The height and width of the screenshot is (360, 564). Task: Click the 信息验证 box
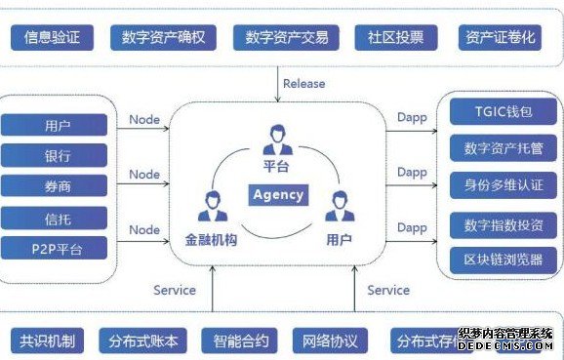pos(52,38)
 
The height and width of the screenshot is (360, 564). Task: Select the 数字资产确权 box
pos(163,38)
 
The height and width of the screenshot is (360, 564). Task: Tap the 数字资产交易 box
pos(287,38)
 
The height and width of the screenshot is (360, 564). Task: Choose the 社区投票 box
pos(396,38)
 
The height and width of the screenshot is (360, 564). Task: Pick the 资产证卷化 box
pos(500,38)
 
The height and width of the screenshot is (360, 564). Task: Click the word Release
pos(303,83)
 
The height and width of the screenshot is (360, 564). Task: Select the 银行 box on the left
pos(58,155)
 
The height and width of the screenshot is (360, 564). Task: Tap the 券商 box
pos(58,185)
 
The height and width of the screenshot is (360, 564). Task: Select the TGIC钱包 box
pos(504,112)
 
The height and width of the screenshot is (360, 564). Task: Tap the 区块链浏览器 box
pos(504,260)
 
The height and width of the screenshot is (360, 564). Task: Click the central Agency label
pos(278,194)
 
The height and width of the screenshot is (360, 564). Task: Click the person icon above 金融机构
pos(211,207)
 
